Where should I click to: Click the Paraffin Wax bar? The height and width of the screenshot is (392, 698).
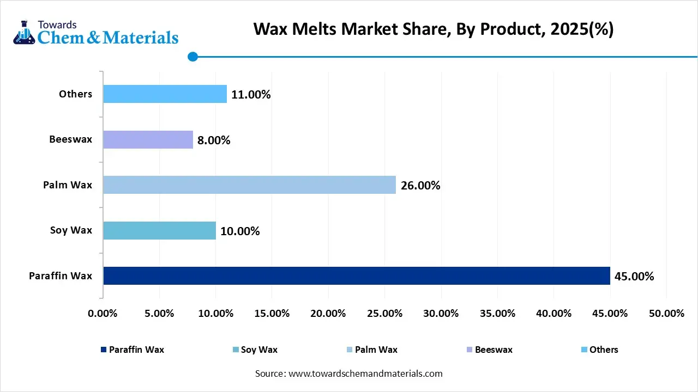(356, 275)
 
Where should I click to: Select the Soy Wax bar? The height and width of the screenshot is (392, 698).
(159, 230)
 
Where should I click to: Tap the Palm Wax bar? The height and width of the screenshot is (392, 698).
(249, 185)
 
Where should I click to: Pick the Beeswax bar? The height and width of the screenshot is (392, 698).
(148, 139)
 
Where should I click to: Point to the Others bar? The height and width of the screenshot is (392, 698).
(165, 94)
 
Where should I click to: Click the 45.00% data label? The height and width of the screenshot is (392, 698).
(634, 277)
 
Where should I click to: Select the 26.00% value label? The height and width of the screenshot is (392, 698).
(420, 186)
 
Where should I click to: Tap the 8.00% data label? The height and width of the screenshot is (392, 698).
(214, 140)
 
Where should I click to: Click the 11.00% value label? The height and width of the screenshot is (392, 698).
(251, 95)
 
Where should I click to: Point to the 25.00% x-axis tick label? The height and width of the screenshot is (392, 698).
(384, 314)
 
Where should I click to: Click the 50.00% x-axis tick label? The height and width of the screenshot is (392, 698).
(666, 314)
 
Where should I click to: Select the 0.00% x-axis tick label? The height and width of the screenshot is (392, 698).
(103, 314)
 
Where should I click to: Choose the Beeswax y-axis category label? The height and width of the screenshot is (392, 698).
(70, 139)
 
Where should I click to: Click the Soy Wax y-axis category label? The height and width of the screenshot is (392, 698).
(71, 230)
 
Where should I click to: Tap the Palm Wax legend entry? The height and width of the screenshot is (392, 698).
(372, 350)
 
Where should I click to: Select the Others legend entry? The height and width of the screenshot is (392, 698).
(599, 350)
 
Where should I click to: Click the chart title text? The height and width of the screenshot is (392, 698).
(434, 29)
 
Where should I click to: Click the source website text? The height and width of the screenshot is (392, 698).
(349, 373)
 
